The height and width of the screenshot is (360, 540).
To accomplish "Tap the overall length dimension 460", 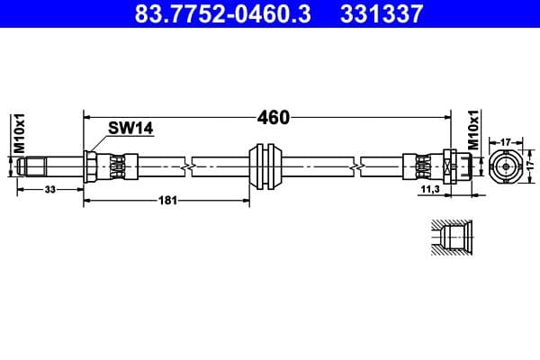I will pyautogui.click(x=273, y=117).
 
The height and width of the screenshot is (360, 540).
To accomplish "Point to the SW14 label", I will pyautogui.click(x=131, y=129).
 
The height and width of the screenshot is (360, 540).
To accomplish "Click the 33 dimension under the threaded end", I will pyautogui.click(x=50, y=189).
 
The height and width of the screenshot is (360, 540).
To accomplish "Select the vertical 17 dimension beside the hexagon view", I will pyautogui.click(x=530, y=166).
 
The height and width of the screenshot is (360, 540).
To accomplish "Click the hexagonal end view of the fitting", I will pyautogui.click(x=505, y=166).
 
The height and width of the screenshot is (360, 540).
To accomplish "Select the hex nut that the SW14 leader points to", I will pyautogui.click(x=92, y=166).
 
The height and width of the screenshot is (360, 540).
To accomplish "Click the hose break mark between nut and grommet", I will pyautogui.click(x=186, y=166).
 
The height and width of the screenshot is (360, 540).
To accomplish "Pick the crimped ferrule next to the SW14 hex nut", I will pyautogui.click(x=116, y=166).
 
